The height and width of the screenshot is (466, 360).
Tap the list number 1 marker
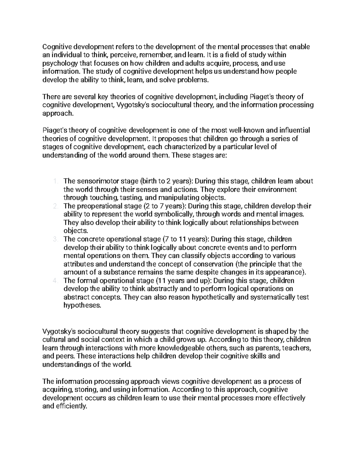pos(55,181)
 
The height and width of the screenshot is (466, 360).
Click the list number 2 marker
pos(55,206)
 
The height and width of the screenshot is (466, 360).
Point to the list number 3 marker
pos(55,239)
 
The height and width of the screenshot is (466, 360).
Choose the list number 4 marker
pos(55,281)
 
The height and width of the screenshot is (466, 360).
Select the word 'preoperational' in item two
pos(97,206)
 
